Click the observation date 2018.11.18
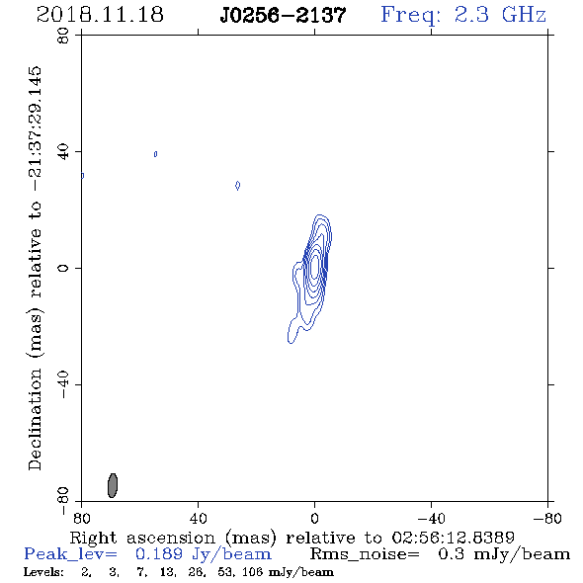(100, 15)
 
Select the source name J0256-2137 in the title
(283, 15)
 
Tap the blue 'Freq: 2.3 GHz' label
(463, 15)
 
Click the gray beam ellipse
(113, 485)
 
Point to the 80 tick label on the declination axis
(63, 36)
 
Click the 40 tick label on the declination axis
(63, 152)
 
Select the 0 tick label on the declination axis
(63, 268)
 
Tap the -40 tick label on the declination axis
(63, 384)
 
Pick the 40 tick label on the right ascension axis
(198, 518)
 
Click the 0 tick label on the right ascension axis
(314, 518)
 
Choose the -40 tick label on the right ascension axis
(431, 518)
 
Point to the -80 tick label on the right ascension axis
(547, 518)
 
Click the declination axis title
(36, 268)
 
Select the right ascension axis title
(292, 538)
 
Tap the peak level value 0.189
(159, 554)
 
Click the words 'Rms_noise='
(365, 554)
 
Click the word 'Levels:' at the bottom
(43, 572)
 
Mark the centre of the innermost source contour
(315, 266)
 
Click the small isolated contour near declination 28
(237, 185)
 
